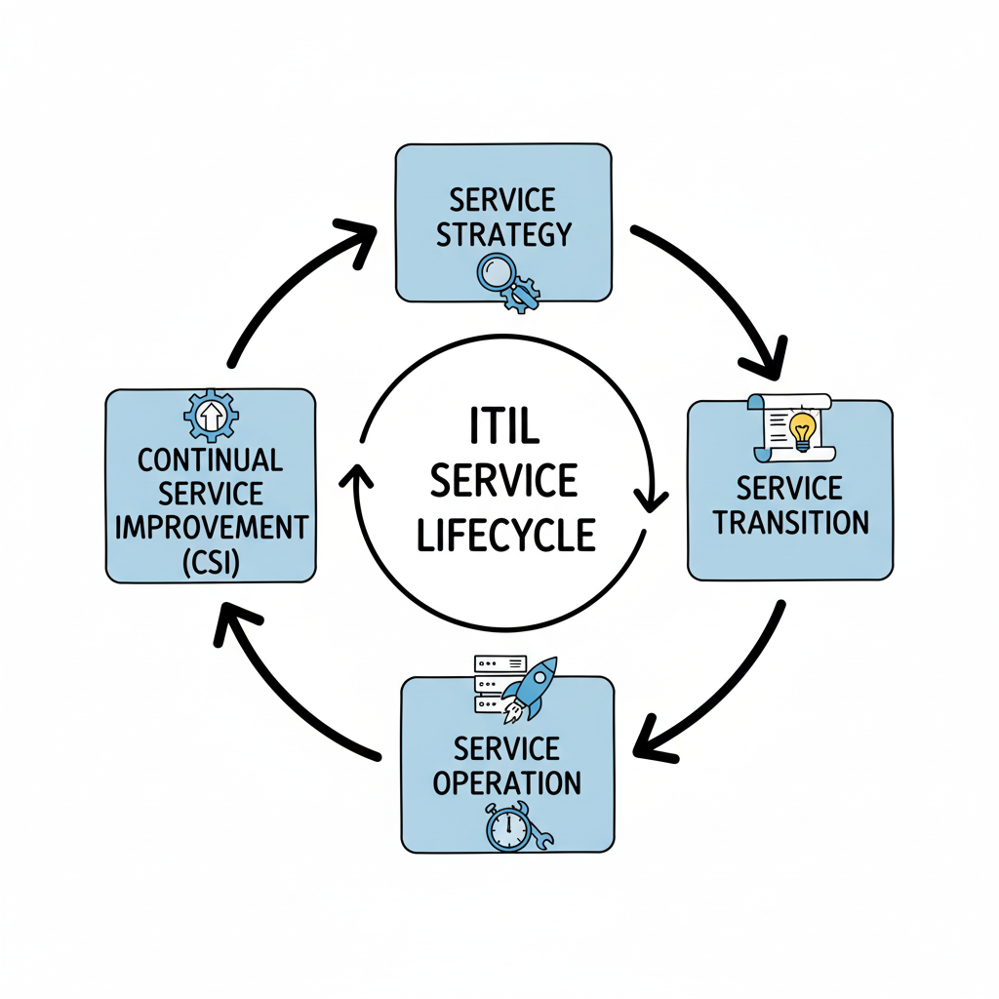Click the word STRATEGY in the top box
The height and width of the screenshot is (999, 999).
pyautogui.click(x=503, y=235)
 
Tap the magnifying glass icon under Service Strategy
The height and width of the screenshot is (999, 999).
pyautogui.click(x=497, y=272)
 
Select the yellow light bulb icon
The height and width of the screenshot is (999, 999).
pyautogui.click(x=803, y=430)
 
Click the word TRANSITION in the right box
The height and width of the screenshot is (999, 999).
pyautogui.click(x=790, y=522)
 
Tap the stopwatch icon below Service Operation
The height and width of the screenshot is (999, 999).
pyautogui.click(x=507, y=827)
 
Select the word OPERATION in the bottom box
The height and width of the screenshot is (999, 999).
pyautogui.click(x=507, y=781)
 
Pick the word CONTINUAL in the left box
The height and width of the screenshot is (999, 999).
pyautogui.click(x=211, y=460)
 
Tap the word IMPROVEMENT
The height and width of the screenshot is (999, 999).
pyautogui.click(x=211, y=528)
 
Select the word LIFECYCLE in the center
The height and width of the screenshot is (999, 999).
pyautogui.click(x=505, y=535)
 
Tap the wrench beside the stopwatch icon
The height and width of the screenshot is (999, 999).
pyautogui.click(x=539, y=835)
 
